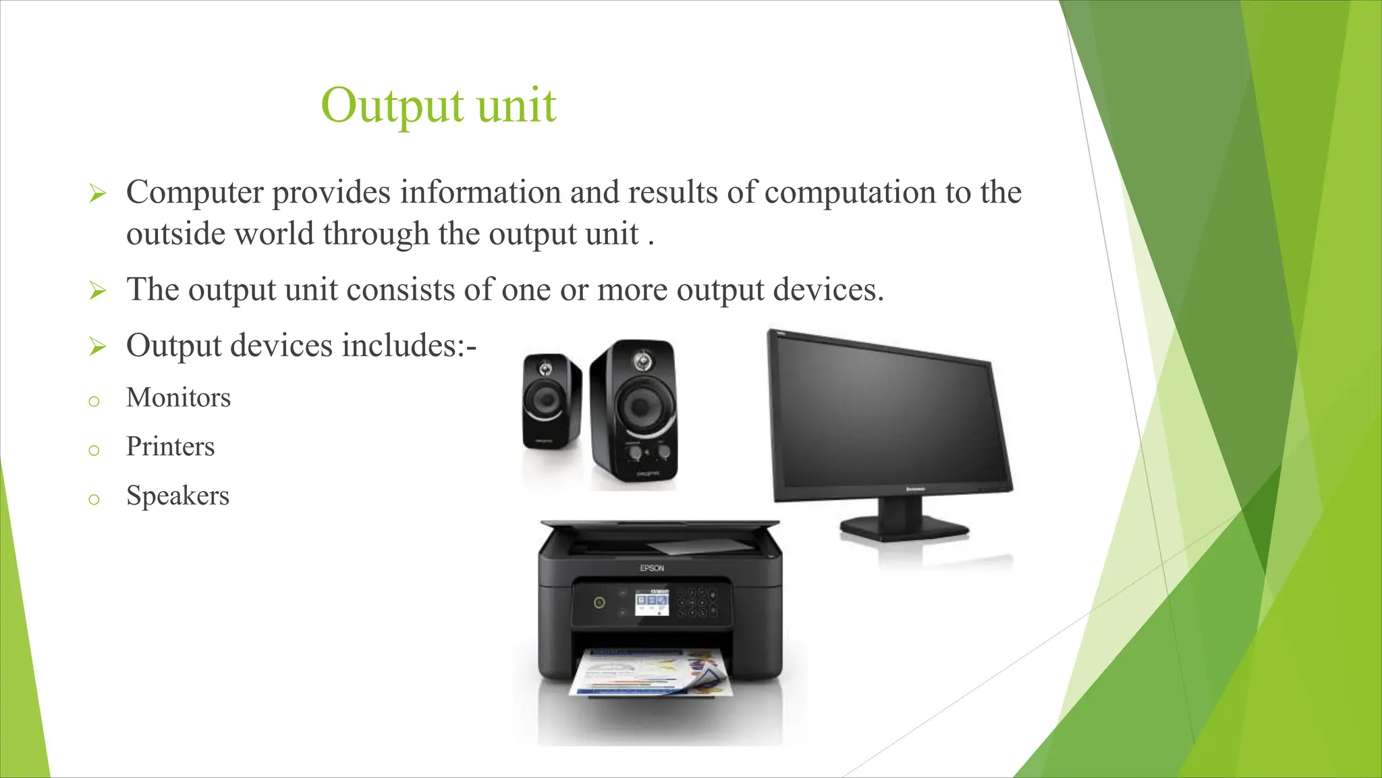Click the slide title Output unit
click(x=439, y=106)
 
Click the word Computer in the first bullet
click(x=194, y=192)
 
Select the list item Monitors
click(x=178, y=398)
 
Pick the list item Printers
click(x=170, y=447)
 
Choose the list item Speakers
click(x=177, y=496)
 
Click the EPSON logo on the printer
click(x=652, y=569)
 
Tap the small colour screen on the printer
click(x=652, y=602)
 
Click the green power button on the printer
click(x=599, y=602)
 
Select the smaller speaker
click(x=551, y=402)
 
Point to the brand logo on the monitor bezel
click(x=915, y=489)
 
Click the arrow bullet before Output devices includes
click(x=98, y=347)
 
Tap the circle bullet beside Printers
click(x=94, y=450)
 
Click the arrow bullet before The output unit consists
click(x=98, y=291)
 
